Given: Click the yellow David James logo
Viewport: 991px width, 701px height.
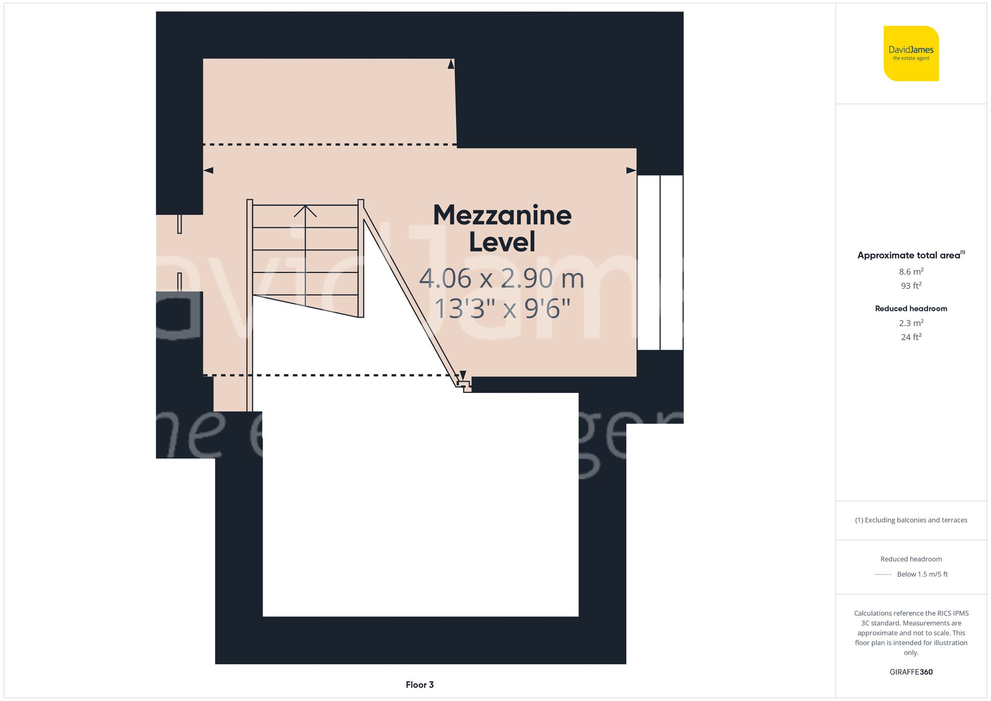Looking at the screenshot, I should pos(911,54).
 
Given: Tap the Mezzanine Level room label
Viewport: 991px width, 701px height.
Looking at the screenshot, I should pos(502,228).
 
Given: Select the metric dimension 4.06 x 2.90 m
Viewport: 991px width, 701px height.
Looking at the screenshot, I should pos(501,278).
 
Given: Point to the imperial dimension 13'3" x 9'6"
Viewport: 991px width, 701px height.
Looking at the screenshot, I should pos(502,308).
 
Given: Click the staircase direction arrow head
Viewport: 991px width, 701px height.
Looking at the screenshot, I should pos(305,211).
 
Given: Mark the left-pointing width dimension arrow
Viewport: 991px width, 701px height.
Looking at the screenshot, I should pos(209,170).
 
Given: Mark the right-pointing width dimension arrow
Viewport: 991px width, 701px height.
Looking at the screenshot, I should pos(631,170).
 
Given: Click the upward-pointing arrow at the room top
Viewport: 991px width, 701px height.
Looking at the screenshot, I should pos(451,64).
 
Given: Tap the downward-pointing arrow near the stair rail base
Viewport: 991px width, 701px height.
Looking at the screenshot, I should pos(463,375).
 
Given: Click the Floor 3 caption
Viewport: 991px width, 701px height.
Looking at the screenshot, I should pos(419,685).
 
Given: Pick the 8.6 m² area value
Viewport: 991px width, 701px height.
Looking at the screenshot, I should pos(911,271).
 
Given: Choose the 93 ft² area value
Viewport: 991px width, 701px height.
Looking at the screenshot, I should pos(911,286).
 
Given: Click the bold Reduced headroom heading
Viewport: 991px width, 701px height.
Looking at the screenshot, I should pos(911,309).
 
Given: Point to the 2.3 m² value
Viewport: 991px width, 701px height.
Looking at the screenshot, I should pos(911,323).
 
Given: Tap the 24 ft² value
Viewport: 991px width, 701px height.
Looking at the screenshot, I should pos(911,337).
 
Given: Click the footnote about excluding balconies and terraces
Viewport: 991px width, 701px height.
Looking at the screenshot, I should pos(911,520).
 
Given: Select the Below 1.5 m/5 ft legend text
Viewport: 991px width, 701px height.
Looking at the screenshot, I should pos(922,574).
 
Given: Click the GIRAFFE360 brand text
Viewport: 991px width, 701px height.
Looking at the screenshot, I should pos(911,672).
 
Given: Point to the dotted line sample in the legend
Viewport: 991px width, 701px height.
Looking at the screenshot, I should pos(883,575).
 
